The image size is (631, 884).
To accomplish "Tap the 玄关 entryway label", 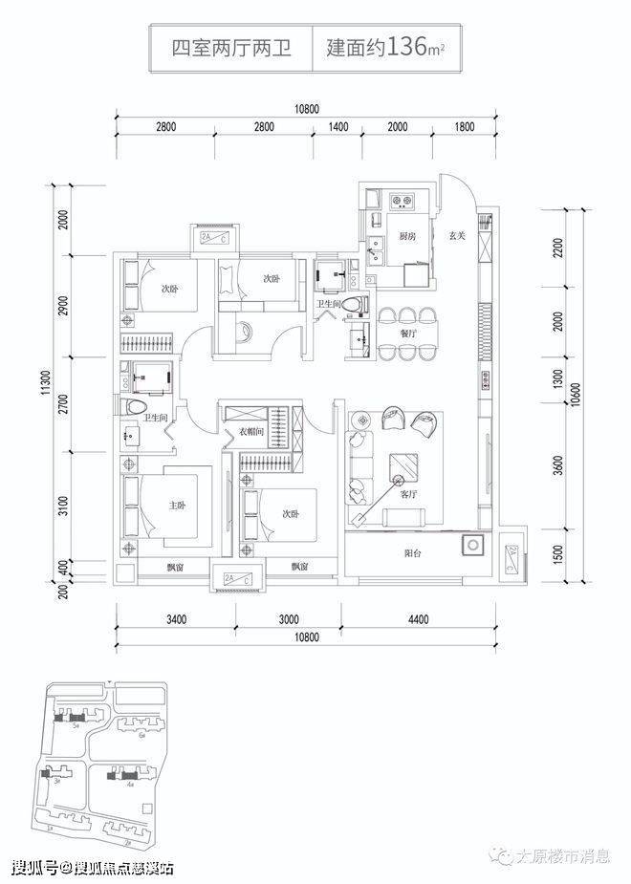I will coord(455,236).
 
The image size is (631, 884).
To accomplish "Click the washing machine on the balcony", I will coord(470,546).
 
